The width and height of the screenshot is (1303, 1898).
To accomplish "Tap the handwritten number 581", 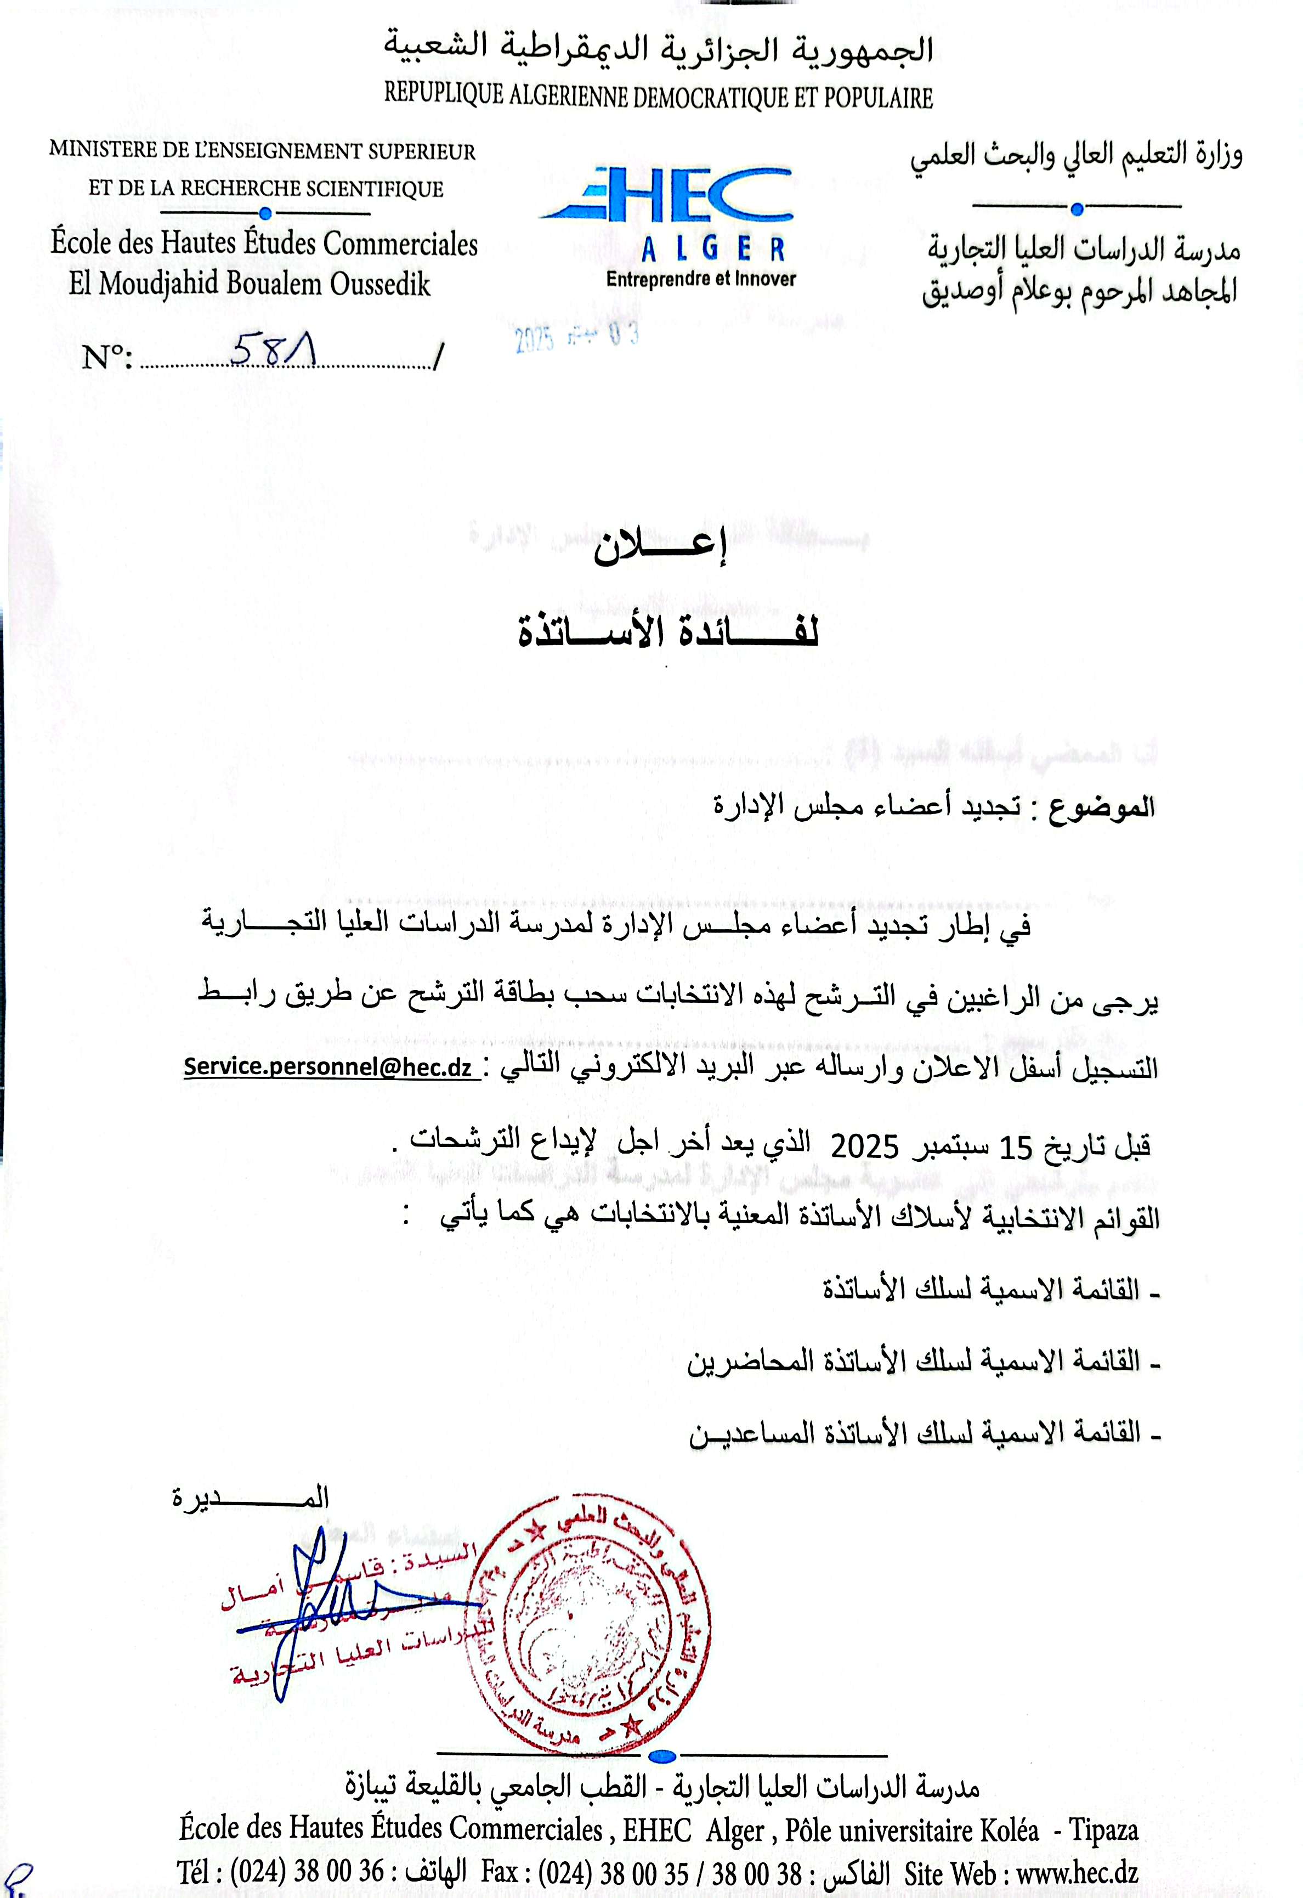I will click(x=274, y=352).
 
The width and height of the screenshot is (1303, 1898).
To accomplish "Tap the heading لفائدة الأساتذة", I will click(x=669, y=633).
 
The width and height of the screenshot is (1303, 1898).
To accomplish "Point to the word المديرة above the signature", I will click(x=251, y=1498).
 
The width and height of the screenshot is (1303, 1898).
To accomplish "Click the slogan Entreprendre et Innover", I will click(x=700, y=279).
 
